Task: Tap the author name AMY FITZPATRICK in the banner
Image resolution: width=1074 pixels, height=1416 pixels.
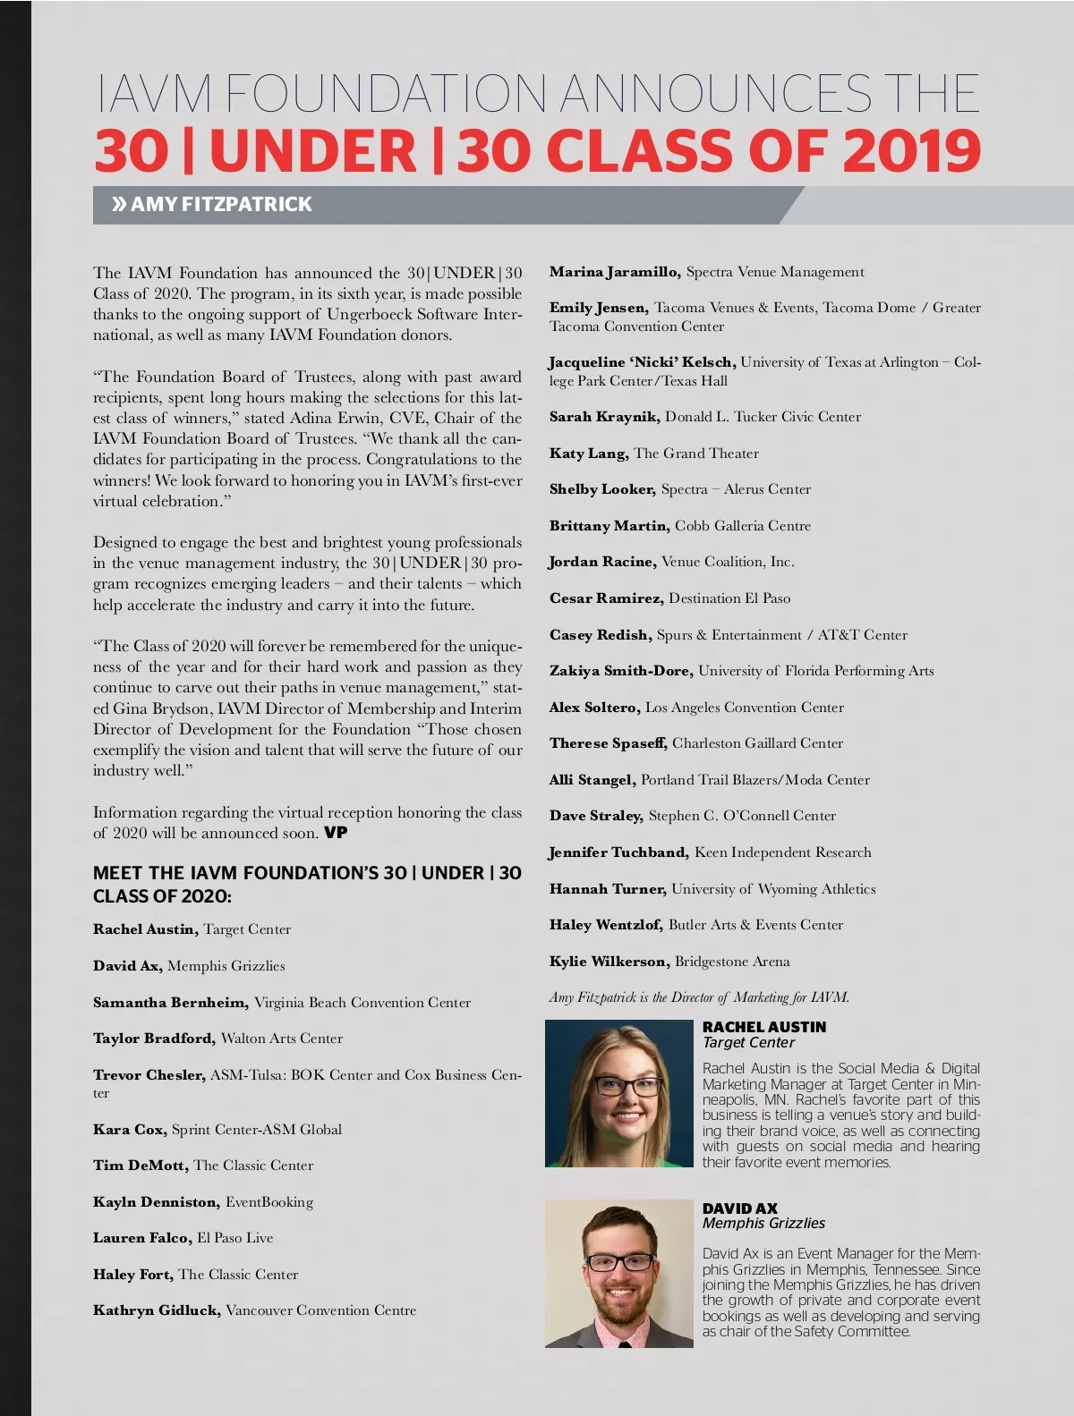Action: (221, 204)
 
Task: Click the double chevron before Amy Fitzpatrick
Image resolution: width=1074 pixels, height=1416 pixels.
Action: (119, 204)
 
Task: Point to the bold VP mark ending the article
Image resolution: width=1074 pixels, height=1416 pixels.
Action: (336, 833)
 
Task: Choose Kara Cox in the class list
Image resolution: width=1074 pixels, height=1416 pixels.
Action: (129, 1130)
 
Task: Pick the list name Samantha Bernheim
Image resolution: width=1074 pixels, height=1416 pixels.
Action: (170, 1003)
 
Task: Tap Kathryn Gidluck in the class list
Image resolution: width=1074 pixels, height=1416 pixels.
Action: (157, 1310)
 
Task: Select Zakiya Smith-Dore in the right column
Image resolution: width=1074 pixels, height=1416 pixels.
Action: (620, 671)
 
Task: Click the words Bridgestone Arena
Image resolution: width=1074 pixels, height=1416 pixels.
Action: (732, 962)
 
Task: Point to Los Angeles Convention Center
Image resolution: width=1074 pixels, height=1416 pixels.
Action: (745, 708)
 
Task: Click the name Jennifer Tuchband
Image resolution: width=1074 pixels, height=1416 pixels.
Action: (618, 852)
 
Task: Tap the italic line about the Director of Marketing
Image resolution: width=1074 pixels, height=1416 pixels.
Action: (699, 997)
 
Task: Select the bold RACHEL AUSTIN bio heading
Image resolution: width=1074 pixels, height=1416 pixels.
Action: (763, 1027)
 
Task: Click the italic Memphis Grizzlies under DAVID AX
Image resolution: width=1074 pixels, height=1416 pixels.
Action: (763, 1224)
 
